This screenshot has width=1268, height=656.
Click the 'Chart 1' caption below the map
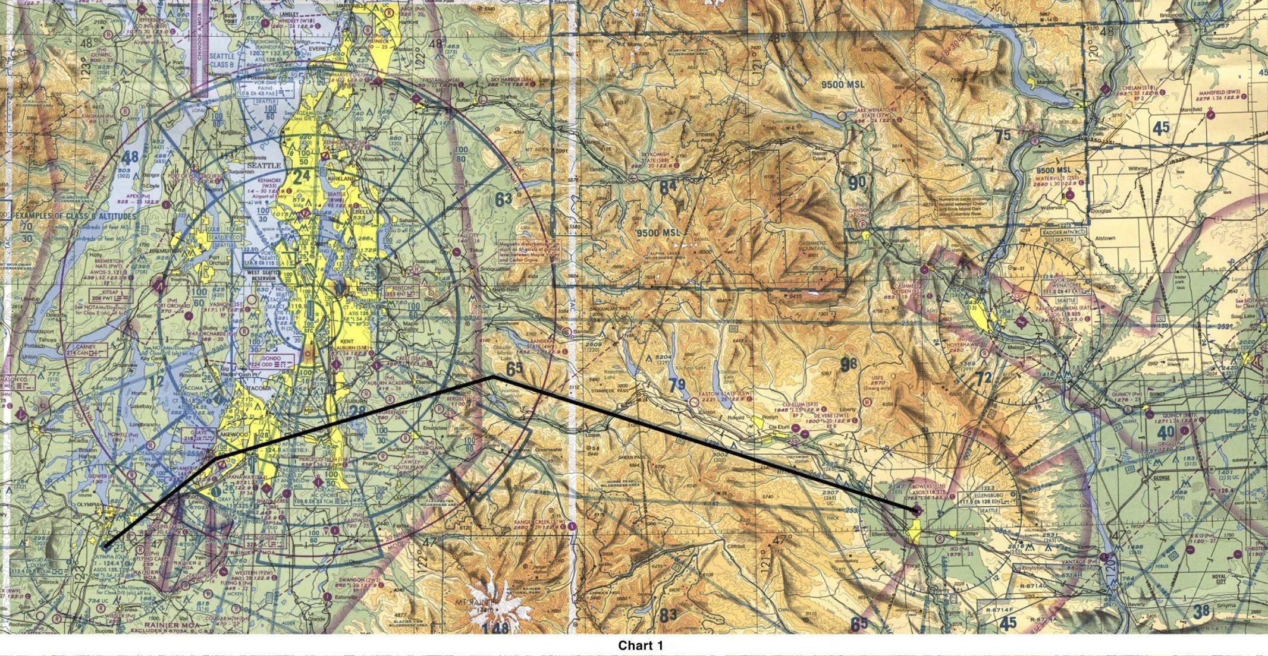coord(640,645)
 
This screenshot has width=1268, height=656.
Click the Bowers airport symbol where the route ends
coord(916,510)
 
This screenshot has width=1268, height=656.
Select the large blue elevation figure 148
coord(495,627)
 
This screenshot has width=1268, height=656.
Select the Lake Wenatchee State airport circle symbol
coord(841,114)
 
